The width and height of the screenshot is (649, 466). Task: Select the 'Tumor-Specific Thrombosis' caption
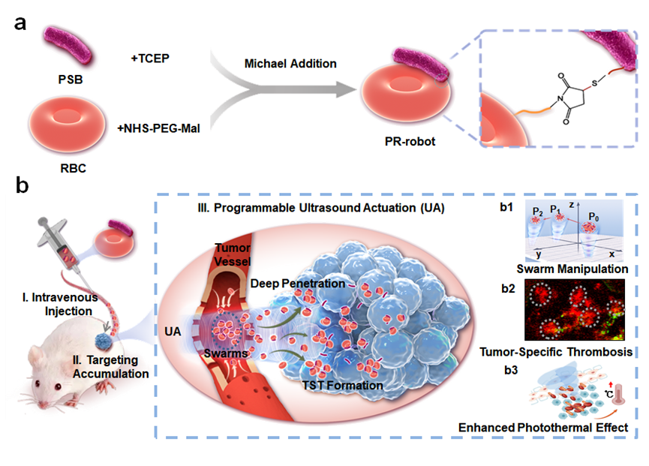tap(562, 351)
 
